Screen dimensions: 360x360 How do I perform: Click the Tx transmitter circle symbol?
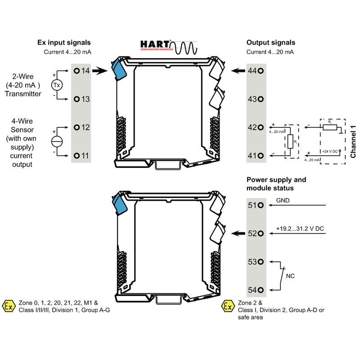click(57, 85)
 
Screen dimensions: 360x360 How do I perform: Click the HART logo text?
click(155, 44)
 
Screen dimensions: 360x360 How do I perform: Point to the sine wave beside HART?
click(185, 46)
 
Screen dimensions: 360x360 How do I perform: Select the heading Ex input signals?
click(64, 43)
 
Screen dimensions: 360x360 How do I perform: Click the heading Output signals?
click(271, 43)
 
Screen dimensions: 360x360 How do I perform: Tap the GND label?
click(283, 201)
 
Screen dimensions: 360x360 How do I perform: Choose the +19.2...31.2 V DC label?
click(300, 229)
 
